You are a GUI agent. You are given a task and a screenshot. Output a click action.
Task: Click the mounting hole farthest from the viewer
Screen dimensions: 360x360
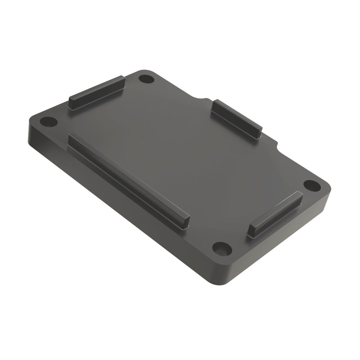(146, 79)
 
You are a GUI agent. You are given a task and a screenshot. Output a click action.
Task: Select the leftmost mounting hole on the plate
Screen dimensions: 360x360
(49, 121)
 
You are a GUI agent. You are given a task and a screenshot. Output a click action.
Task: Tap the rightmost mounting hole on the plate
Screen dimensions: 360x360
(312, 185)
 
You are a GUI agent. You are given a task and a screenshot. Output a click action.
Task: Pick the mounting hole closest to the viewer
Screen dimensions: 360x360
(222, 248)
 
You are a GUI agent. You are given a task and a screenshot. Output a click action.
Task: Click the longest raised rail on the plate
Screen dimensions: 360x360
(128, 180)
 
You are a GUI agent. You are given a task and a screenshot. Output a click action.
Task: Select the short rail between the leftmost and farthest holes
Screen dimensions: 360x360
(96, 92)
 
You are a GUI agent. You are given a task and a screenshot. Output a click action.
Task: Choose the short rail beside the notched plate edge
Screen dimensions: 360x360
(237, 118)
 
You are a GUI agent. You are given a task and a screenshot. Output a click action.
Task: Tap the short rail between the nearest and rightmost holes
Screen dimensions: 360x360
(275, 214)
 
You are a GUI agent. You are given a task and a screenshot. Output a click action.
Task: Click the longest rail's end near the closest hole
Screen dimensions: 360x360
(185, 223)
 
